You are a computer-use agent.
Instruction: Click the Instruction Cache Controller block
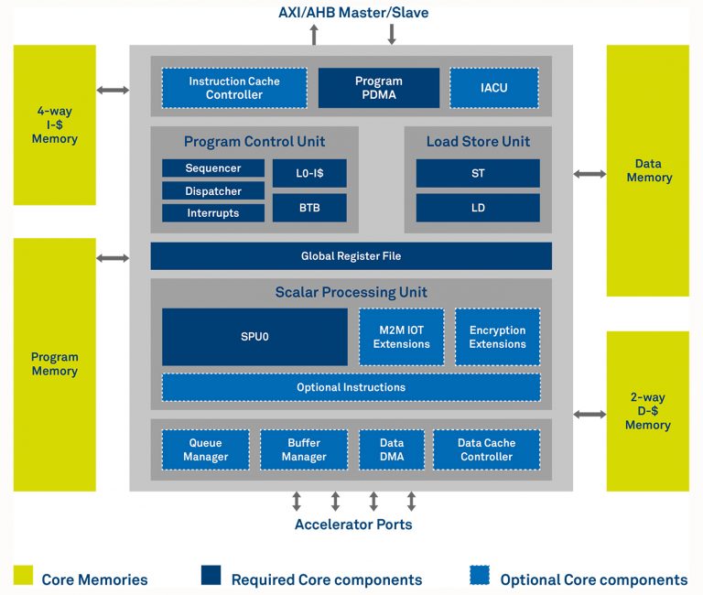pyautogui.click(x=234, y=88)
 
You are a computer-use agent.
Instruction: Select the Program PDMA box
pyautogui.click(x=378, y=88)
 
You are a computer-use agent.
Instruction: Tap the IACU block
pyautogui.click(x=493, y=88)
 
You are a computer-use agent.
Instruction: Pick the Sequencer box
pyautogui.click(x=213, y=168)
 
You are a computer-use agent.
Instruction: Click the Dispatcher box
pyautogui.click(x=213, y=191)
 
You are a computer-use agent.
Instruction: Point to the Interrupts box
pyautogui.click(x=213, y=212)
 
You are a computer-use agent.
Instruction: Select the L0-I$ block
pyautogui.click(x=309, y=173)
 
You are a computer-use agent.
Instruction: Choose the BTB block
pyautogui.click(x=309, y=208)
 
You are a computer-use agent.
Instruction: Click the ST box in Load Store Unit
pyautogui.click(x=478, y=173)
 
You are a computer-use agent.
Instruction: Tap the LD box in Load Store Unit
pyautogui.click(x=478, y=208)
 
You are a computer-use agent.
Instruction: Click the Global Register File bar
pyautogui.click(x=351, y=256)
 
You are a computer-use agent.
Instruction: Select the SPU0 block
pyautogui.click(x=254, y=337)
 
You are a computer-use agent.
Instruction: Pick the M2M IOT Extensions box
pyautogui.click(x=401, y=337)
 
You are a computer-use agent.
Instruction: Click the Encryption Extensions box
pyautogui.click(x=497, y=337)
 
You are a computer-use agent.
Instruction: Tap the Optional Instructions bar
pyautogui.click(x=351, y=387)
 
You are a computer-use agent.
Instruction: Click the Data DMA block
pyautogui.click(x=392, y=449)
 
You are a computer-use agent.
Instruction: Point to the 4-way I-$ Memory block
pyautogui.click(x=55, y=125)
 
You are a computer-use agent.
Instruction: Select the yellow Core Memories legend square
pyautogui.click(x=24, y=576)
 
